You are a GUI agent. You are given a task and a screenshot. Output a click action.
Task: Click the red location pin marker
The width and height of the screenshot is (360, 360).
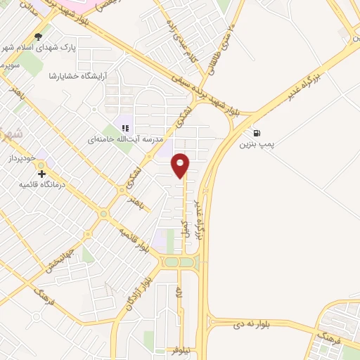tap(181, 165)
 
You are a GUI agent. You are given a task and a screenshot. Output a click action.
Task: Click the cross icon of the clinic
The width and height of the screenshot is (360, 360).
tap(41, 174)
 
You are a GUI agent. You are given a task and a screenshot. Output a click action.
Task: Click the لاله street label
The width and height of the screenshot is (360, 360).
tap(180, 290)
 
